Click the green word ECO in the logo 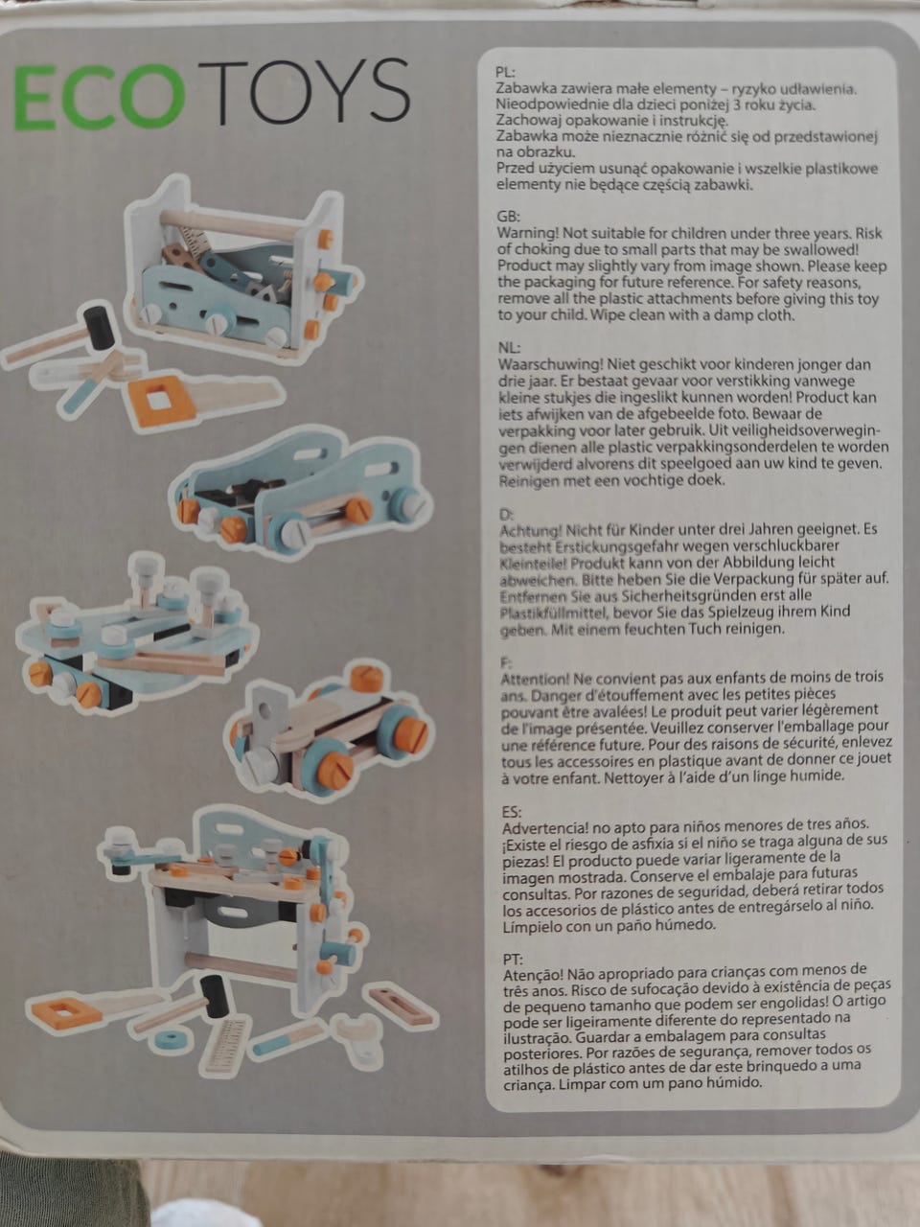[x=99, y=96]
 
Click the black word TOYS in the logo [x=304, y=91]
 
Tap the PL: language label [x=505, y=72]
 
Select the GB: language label [x=508, y=217]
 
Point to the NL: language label [x=509, y=348]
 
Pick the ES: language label [x=512, y=811]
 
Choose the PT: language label [x=513, y=960]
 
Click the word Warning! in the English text [x=527, y=233]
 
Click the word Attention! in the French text [x=535, y=680]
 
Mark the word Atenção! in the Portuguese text [x=533, y=976]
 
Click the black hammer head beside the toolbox [x=99, y=324]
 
